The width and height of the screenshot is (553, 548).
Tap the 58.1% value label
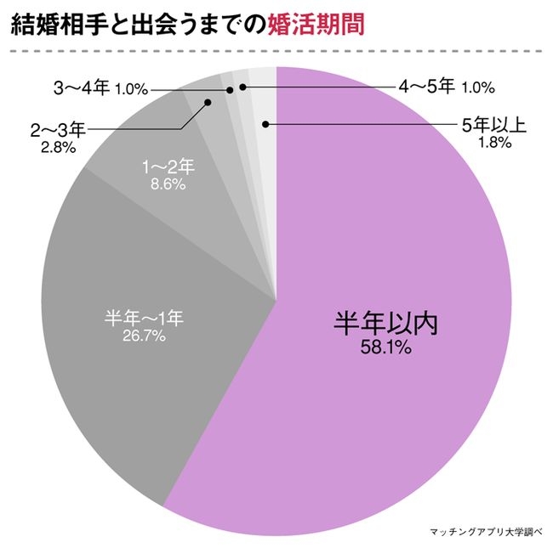click(x=385, y=349)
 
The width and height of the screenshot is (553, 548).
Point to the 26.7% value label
click(x=143, y=336)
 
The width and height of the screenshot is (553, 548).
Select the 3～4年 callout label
click(x=82, y=88)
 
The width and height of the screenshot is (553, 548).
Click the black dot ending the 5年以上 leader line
click(x=266, y=125)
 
